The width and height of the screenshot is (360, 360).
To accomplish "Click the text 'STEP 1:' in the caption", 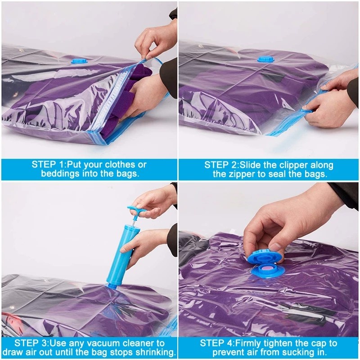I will click(49, 165).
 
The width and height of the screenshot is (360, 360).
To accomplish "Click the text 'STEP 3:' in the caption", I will click(31, 343).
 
